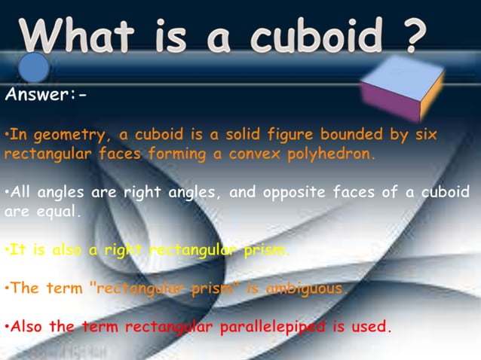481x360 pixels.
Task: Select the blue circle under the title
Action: pos(34,68)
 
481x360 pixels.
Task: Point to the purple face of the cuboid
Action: pos(389,102)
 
